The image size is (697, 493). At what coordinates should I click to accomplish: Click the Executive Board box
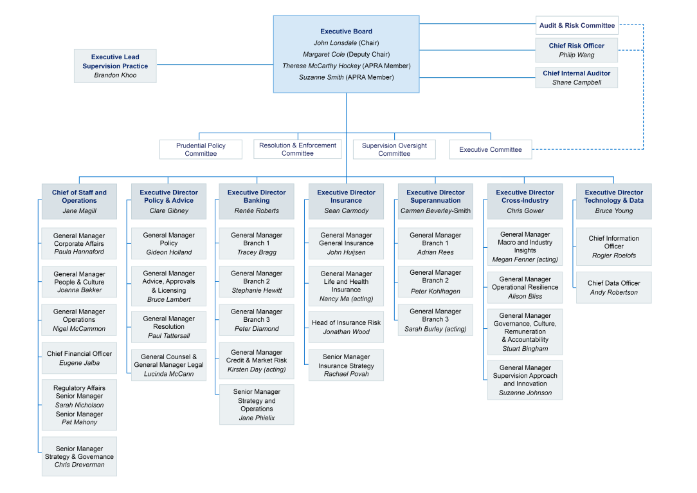346,54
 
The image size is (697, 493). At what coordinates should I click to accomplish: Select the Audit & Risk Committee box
577,26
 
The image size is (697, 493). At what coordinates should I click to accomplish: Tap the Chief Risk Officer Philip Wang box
577,50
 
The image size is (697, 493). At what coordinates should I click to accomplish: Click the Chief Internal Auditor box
577,78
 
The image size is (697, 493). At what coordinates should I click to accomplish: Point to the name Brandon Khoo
115,75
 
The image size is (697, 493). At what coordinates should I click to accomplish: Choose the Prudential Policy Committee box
201,149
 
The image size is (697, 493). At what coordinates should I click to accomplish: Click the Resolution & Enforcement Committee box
298,149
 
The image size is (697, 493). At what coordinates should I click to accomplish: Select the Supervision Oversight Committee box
394,149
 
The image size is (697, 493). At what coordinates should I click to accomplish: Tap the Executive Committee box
491,149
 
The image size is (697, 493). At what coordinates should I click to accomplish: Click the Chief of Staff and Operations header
79,196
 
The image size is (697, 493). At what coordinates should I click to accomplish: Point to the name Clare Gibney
169,210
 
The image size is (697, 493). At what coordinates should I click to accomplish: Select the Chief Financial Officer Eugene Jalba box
79,358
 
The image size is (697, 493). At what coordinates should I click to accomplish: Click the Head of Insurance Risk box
346,327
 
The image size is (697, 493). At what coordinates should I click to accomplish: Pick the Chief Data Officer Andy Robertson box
613,288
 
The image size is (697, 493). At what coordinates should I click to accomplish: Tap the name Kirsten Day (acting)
257,369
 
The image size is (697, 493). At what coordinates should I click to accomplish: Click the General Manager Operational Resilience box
525,288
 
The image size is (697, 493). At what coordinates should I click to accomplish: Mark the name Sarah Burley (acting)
435,329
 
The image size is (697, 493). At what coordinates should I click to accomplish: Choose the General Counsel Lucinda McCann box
169,365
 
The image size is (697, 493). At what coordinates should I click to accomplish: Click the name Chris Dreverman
79,465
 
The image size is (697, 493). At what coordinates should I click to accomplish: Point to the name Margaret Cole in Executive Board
324,54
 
